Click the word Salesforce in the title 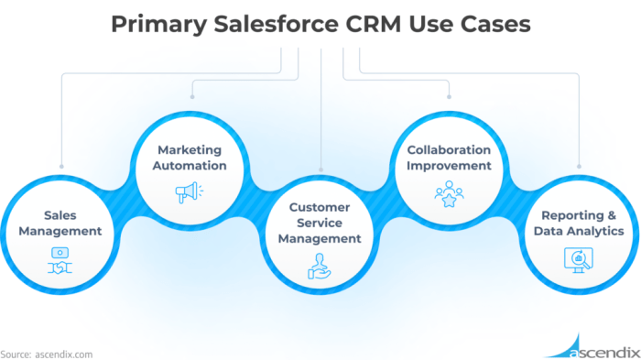(x=262, y=23)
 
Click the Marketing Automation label (x=190, y=157)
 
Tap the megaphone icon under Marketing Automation (x=190, y=193)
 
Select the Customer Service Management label (x=320, y=224)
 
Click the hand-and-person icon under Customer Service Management (x=320, y=266)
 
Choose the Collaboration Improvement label (x=450, y=157)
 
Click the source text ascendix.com (x=63, y=353)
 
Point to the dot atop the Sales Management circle (x=60, y=168)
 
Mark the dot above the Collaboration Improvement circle (x=450, y=95)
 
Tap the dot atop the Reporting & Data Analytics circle (x=580, y=168)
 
